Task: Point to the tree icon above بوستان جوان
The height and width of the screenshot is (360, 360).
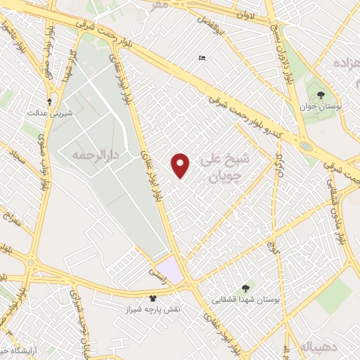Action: click(321, 94)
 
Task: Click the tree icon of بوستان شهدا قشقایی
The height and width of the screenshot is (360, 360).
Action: click(245, 288)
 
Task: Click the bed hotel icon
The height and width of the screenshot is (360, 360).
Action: click(202, 58)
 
